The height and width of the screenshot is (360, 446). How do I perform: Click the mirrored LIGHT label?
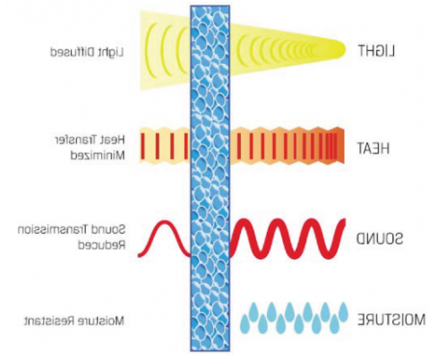[x=376, y=51]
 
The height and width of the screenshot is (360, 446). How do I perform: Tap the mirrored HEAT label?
[x=373, y=149]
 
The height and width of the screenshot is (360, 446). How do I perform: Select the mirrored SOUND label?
[x=380, y=238]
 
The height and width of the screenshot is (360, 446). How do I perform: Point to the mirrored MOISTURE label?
[x=391, y=320]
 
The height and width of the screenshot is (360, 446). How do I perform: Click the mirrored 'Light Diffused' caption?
[x=87, y=53]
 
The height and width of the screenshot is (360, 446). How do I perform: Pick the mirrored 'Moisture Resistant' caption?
[x=73, y=321]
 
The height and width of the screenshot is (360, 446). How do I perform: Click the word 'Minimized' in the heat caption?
[x=98, y=155]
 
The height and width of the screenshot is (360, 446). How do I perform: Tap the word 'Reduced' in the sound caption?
[x=101, y=245]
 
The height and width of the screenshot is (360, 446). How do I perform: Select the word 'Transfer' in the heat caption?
[x=76, y=140]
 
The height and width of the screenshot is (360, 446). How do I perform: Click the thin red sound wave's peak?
[x=164, y=222]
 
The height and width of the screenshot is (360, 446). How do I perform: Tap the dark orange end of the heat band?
[x=339, y=145]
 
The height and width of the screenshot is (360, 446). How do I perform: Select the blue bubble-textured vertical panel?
[x=210, y=178]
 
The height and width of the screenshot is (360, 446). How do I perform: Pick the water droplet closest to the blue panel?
[x=245, y=323]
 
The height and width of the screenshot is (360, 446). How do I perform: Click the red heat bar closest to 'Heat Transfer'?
[x=142, y=146]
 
